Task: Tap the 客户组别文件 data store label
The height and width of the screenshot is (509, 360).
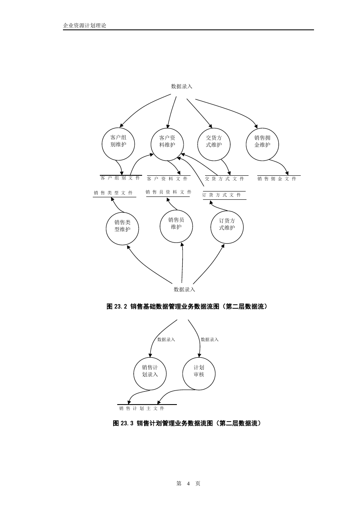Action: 120,178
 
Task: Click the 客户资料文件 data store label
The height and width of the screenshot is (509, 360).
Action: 167,179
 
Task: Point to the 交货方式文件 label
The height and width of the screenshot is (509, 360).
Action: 225,179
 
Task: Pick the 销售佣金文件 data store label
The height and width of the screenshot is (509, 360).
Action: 277,179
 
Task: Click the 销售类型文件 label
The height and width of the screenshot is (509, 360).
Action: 113,193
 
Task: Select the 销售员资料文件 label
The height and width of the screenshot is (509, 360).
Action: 169,192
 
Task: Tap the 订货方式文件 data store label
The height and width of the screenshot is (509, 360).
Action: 222,195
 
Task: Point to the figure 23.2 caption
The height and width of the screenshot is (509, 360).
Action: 187,307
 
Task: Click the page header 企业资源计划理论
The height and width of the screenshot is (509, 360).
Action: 85,25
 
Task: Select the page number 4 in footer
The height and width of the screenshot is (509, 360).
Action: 188,484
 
